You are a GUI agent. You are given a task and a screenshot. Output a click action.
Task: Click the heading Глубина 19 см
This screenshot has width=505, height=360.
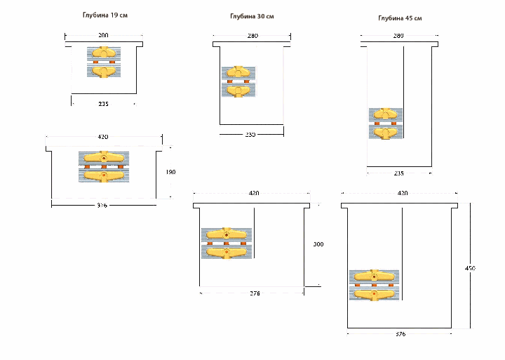[x=104, y=14]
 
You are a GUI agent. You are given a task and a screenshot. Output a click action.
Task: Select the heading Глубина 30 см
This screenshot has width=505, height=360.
[x=252, y=16]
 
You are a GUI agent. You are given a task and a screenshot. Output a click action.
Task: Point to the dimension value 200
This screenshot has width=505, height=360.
[x=104, y=34]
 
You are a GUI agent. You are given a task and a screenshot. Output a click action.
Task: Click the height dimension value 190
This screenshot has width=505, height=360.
[x=170, y=171]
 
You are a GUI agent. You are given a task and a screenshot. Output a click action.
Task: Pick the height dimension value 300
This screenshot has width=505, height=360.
[x=318, y=244]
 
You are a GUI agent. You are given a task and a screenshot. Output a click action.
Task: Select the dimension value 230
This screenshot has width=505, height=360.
[x=250, y=134]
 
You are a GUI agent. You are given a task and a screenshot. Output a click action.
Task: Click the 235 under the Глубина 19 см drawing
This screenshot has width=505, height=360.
[x=104, y=104]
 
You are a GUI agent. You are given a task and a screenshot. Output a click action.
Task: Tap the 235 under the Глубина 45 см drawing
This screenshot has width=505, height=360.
[x=399, y=173]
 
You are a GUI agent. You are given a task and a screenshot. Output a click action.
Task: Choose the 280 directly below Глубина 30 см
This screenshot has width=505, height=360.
[x=252, y=35]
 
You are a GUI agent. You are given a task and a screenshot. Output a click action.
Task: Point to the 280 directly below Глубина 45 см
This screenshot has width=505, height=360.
[x=399, y=35]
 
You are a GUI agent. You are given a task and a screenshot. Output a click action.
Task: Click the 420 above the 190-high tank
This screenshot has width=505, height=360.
[x=103, y=137]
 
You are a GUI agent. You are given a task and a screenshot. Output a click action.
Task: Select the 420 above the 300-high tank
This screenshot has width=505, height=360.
[x=254, y=193]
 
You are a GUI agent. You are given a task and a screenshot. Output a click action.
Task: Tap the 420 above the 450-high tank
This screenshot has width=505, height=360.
[x=403, y=192]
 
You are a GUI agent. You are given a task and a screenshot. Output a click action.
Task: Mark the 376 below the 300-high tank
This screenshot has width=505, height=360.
[x=254, y=293]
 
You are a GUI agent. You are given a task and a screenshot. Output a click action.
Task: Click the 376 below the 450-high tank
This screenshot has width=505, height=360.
[x=400, y=334]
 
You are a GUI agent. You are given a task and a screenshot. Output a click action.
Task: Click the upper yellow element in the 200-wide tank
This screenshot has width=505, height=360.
[x=103, y=53]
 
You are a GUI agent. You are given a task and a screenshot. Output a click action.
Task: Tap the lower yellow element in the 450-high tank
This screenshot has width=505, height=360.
[x=375, y=295]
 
